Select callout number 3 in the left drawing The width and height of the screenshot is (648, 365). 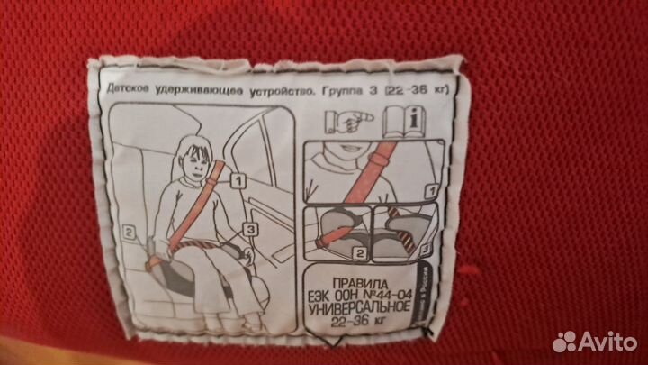[250, 229]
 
